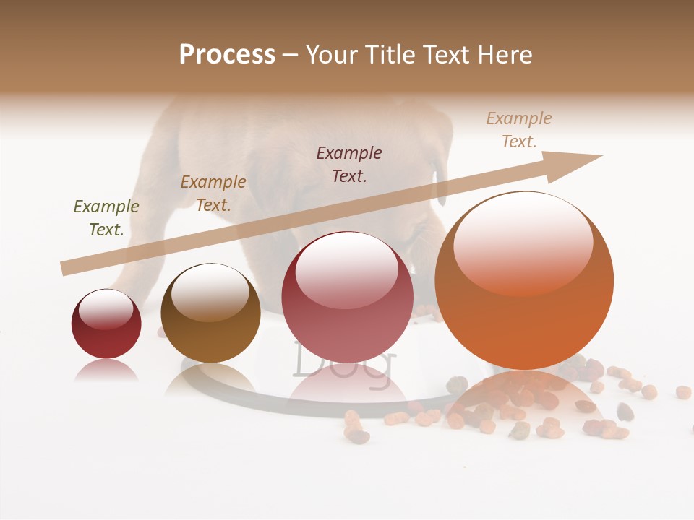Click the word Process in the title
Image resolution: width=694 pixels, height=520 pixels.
click(x=227, y=55)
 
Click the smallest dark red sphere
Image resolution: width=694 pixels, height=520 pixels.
click(x=106, y=324)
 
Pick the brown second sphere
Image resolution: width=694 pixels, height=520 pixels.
click(x=210, y=313)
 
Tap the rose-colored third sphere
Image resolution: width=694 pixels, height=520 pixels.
click(x=347, y=298)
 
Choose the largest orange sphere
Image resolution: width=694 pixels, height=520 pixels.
click(x=524, y=282)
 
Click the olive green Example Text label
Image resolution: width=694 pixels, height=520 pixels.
click(x=106, y=218)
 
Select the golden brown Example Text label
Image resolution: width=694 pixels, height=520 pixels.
click(x=213, y=194)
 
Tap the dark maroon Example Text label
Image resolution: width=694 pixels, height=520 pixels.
click(x=349, y=164)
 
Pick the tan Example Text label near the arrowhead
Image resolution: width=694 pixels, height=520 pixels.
click(x=519, y=130)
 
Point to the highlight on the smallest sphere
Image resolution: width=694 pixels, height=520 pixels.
click(x=106, y=308)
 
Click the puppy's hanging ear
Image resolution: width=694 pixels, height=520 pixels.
click(x=440, y=181)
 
